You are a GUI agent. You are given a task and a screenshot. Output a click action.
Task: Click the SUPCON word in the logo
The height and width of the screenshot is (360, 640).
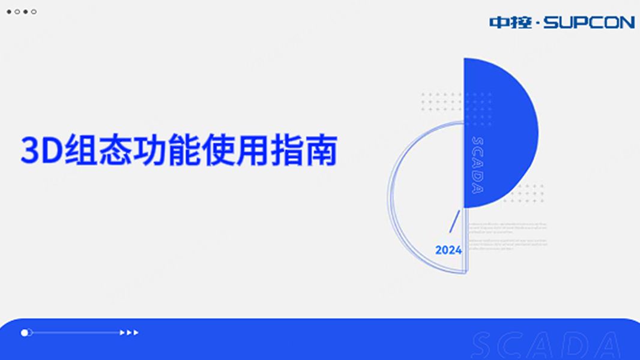[x=589, y=23]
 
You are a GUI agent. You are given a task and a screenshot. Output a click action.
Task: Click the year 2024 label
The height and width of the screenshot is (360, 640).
[x=448, y=250]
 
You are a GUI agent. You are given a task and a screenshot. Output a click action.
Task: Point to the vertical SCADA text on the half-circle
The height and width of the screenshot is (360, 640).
[x=477, y=166]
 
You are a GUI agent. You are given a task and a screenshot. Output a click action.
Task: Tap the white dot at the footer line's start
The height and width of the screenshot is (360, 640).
[x=25, y=332]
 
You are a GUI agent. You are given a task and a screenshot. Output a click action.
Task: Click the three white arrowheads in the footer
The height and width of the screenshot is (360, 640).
[x=129, y=332]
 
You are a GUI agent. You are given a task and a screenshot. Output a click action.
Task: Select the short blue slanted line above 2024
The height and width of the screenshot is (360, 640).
[x=454, y=221]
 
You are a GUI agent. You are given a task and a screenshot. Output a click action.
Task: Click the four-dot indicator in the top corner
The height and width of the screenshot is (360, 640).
[x=22, y=11]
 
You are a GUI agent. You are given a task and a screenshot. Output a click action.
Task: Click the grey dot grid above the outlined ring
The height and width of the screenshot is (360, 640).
[x=441, y=106]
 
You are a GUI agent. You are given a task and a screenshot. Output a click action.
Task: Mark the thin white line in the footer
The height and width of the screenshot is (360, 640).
[x=75, y=332]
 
